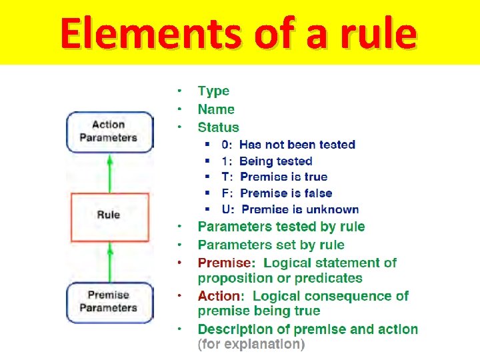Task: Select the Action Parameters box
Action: coord(109,131)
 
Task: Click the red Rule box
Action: coord(109,215)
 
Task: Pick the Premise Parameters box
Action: coord(109,301)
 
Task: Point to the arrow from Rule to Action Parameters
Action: coord(109,173)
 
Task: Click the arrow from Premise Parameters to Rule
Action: coord(109,261)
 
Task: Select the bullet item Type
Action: coord(213,91)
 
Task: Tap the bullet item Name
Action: coord(216,109)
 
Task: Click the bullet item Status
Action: coord(218,127)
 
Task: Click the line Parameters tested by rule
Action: coord(281,227)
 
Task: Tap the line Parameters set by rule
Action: coord(271,245)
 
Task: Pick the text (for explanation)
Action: coord(251,345)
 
